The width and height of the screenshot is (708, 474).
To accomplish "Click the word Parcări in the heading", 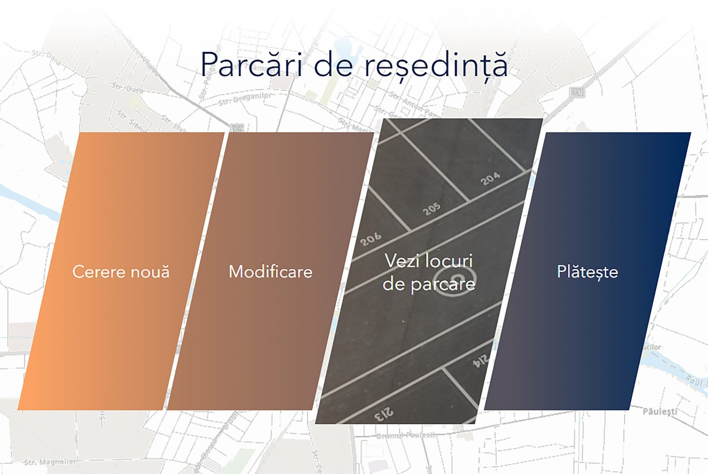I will pyautogui.click(x=251, y=65).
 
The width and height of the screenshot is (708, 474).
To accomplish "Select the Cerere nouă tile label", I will pyautogui.click(x=121, y=272).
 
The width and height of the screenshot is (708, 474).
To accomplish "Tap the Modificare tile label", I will pyautogui.click(x=270, y=272).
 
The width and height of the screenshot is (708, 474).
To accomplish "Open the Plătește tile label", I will pyautogui.click(x=587, y=272).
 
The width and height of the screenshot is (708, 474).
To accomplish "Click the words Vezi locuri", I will pyautogui.click(x=429, y=260).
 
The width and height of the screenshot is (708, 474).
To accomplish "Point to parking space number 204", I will pyautogui.click(x=490, y=179).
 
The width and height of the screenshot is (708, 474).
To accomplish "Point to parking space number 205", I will pyautogui.click(x=431, y=209).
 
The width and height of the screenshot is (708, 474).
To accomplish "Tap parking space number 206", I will pyautogui.click(x=371, y=239).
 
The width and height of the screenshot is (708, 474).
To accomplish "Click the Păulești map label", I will pyautogui.click(x=660, y=411).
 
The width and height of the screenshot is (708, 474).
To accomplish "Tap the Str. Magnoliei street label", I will pyautogui.click(x=49, y=462).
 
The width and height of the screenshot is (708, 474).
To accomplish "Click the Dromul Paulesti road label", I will pyautogui.click(x=406, y=435).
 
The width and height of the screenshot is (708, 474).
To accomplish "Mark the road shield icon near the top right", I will pyautogui.click(x=577, y=93).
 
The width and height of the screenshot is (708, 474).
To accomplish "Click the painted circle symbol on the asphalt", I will pyautogui.click(x=455, y=278).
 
